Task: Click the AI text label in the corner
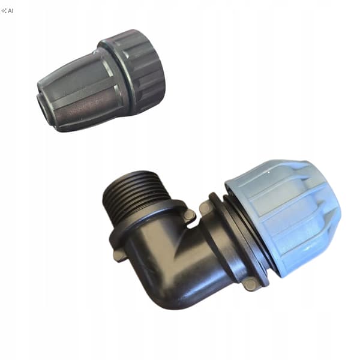11,11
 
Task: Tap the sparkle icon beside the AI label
4,11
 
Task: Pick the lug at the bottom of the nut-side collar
250,284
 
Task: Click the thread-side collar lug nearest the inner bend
190,215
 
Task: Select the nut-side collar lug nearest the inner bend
205,207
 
